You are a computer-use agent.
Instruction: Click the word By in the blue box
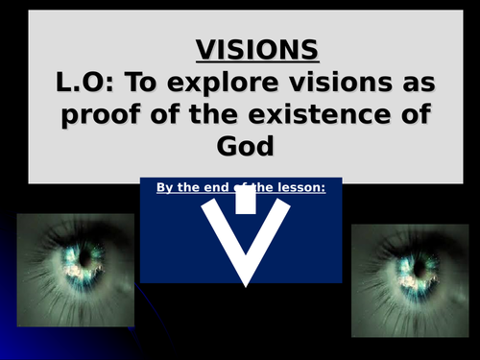pos(165,188)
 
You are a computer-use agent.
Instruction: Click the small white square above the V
pos(246,198)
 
